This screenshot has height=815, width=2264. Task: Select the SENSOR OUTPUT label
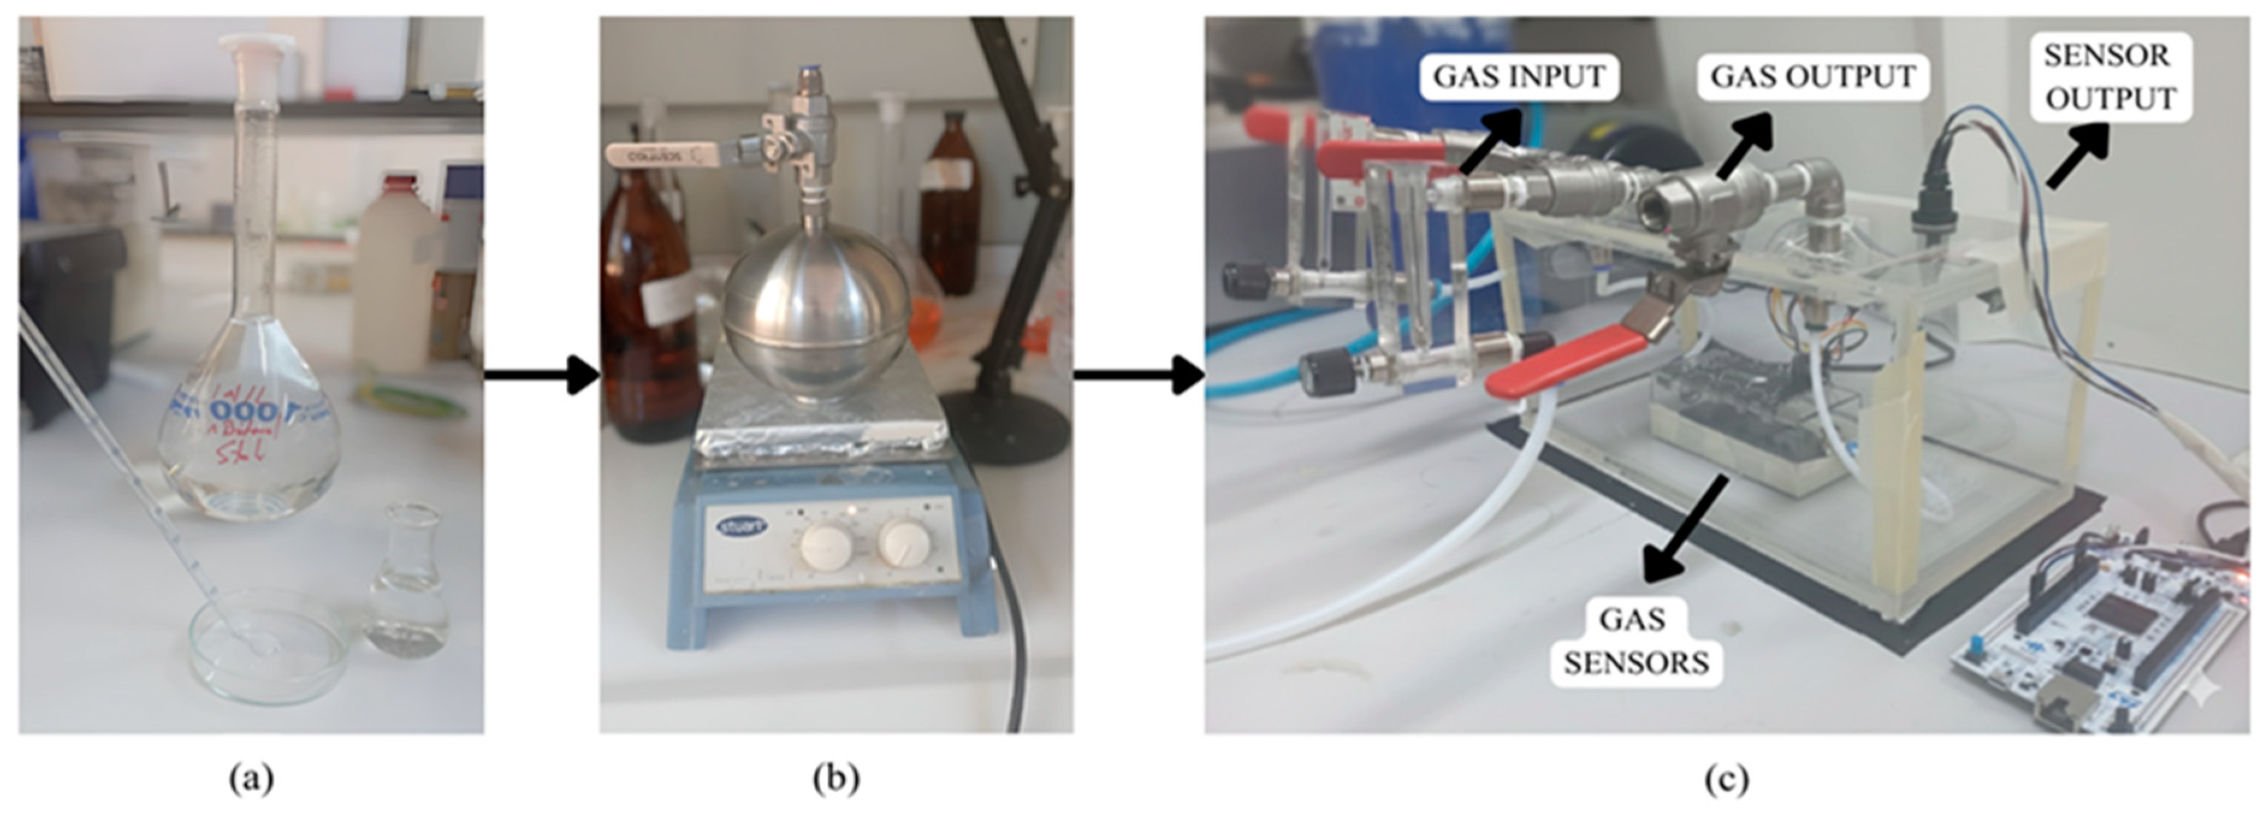point(2110,78)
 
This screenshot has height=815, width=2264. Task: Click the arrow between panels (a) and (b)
point(541,375)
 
